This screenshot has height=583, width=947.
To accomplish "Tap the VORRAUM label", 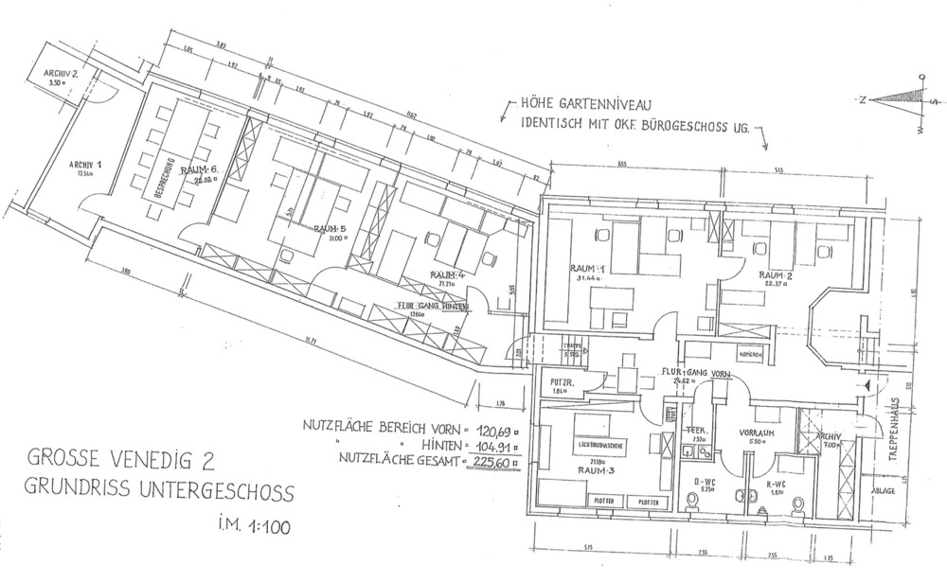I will (x=757, y=432).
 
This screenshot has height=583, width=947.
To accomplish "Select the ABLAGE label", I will (x=884, y=491).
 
